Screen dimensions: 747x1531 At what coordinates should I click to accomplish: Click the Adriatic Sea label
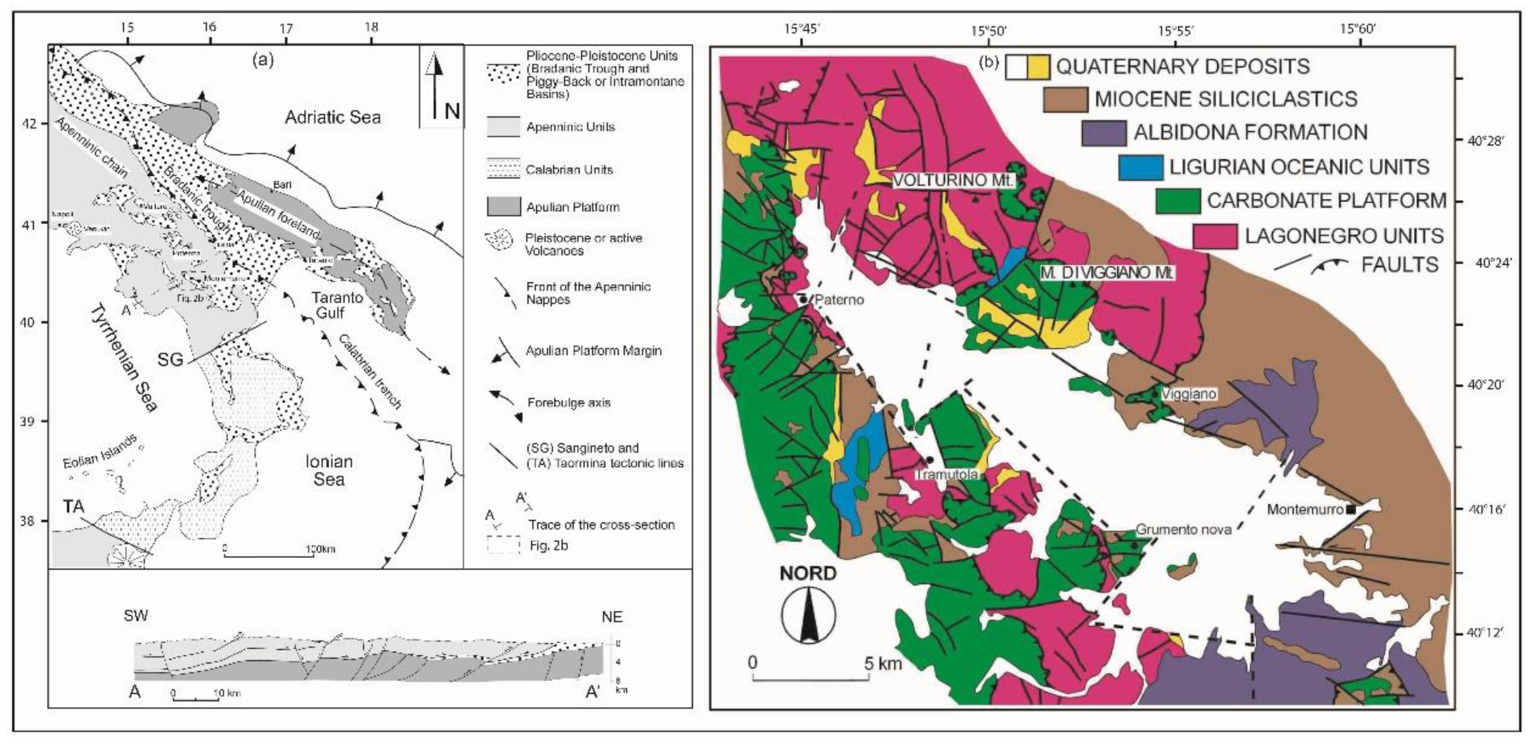(332, 117)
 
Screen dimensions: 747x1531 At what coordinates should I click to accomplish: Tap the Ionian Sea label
(329, 470)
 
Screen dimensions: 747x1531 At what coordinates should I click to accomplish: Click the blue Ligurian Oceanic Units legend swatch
(1140, 167)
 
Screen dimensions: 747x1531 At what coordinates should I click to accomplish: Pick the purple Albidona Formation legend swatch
(1104, 133)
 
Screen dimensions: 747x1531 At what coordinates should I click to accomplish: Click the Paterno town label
(839, 300)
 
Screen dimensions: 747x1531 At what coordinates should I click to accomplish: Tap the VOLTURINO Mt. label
(953, 180)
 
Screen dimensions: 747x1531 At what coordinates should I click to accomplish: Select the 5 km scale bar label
(883, 663)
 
